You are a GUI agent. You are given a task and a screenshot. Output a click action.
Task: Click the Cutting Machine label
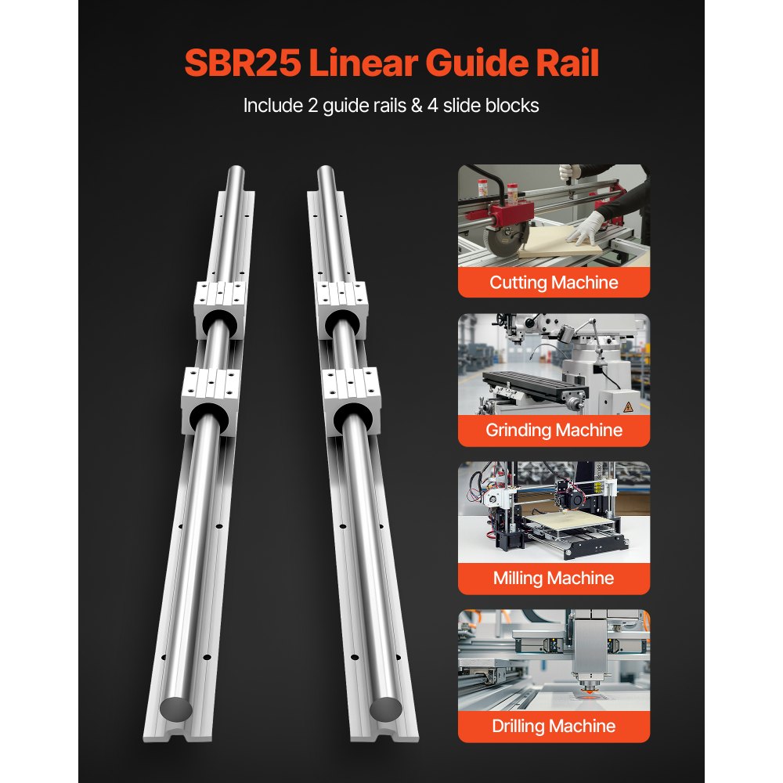pyautogui.click(x=554, y=283)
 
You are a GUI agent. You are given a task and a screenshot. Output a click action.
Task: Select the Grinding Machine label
pyautogui.click(x=554, y=430)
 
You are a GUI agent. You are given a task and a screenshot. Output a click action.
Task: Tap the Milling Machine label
pyautogui.click(x=554, y=579)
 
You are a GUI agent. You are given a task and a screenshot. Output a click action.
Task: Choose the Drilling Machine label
pyautogui.click(x=554, y=726)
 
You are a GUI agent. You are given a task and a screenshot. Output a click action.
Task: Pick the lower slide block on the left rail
pyautogui.click(x=209, y=396)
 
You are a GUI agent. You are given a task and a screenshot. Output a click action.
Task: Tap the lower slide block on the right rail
pyautogui.click(x=351, y=396)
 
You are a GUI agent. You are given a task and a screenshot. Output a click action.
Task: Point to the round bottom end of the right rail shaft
pyautogui.click(x=384, y=709)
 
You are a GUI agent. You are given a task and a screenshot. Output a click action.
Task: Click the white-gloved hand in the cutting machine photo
pyautogui.click(x=583, y=231)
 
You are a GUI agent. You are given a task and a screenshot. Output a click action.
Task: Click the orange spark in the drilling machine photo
pyautogui.click(x=584, y=694)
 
